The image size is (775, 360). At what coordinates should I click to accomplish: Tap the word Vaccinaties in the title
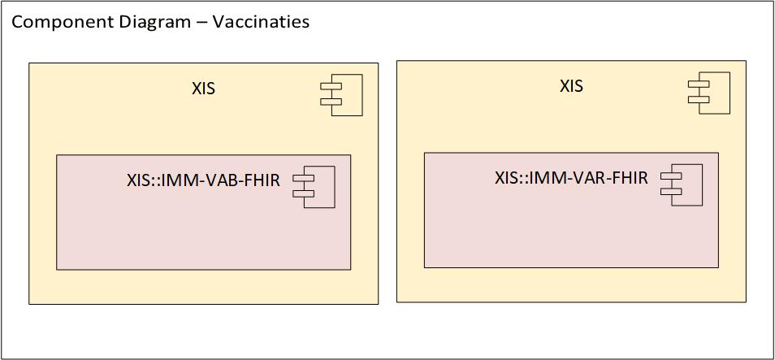[x=261, y=22]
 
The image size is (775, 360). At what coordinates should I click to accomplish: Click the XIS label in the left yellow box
[x=203, y=89]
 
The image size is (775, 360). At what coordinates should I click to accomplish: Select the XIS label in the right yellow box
[x=571, y=86]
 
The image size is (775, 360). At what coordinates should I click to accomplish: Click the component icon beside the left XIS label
[x=342, y=95]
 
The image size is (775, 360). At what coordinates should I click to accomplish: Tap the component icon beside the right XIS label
[x=709, y=92]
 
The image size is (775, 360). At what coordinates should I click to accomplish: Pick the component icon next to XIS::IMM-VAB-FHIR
[x=315, y=187]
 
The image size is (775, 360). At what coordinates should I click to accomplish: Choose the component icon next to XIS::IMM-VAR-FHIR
[x=682, y=184]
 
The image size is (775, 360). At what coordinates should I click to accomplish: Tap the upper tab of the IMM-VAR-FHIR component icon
[x=671, y=176]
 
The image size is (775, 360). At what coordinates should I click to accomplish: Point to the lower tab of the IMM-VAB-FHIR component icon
[x=304, y=193]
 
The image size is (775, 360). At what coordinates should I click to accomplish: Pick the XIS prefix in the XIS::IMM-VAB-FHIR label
[x=138, y=180]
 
